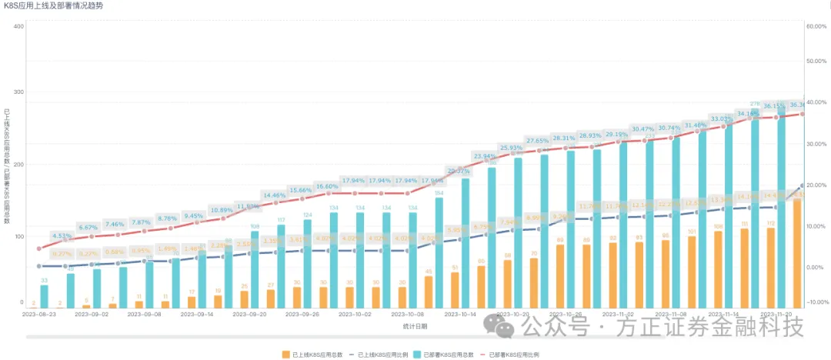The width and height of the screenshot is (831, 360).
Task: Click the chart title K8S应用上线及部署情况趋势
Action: coord(53,5)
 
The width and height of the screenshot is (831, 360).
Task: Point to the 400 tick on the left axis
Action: coord(19,26)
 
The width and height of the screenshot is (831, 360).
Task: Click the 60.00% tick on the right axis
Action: coord(815,26)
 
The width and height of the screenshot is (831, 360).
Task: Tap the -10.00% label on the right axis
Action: coord(815,302)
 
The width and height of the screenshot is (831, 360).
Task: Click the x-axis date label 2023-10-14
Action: coord(459,315)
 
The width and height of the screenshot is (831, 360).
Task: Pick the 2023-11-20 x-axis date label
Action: coord(776,315)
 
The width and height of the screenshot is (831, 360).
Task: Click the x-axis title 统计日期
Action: coord(415,326)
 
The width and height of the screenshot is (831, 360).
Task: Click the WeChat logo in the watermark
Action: coord(505,330)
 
